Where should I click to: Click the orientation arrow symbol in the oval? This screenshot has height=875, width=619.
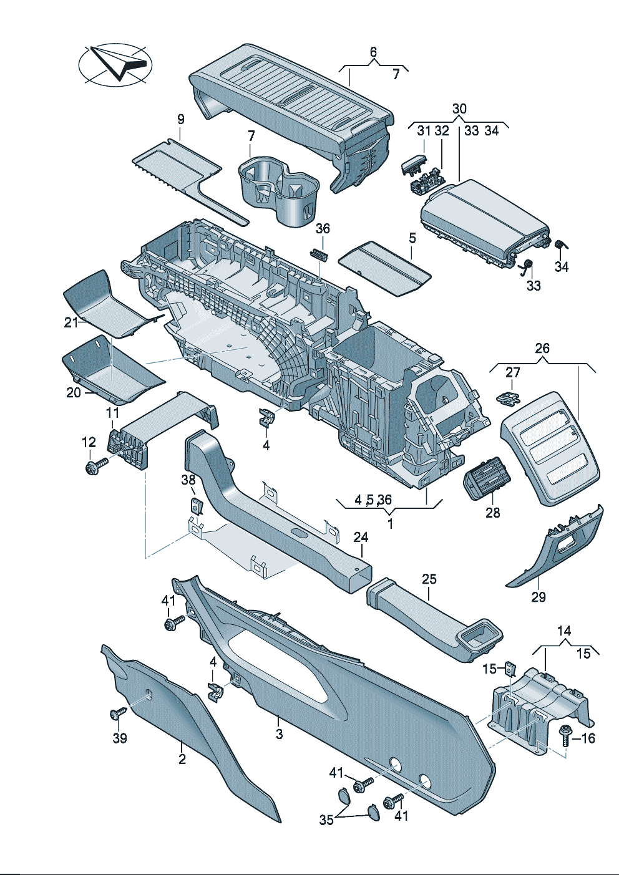(116, 63)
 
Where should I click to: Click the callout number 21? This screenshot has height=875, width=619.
(71, 322)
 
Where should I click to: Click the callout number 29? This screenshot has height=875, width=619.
(539, 597)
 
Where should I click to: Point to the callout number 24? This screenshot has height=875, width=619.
(361, 537)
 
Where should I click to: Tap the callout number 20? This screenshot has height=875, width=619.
(74, 393)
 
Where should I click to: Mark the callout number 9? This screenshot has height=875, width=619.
(181, 118)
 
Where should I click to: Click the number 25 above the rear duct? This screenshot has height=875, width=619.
(429, 579)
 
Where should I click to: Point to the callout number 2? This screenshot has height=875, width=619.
(182, 759)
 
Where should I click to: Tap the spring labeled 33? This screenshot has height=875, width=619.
(528, 266)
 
